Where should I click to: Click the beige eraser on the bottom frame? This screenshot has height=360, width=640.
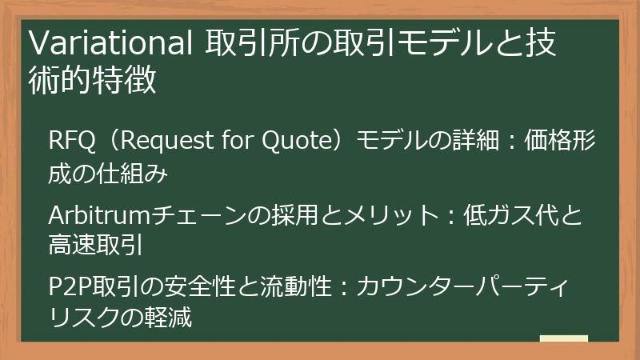(563, 339)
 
